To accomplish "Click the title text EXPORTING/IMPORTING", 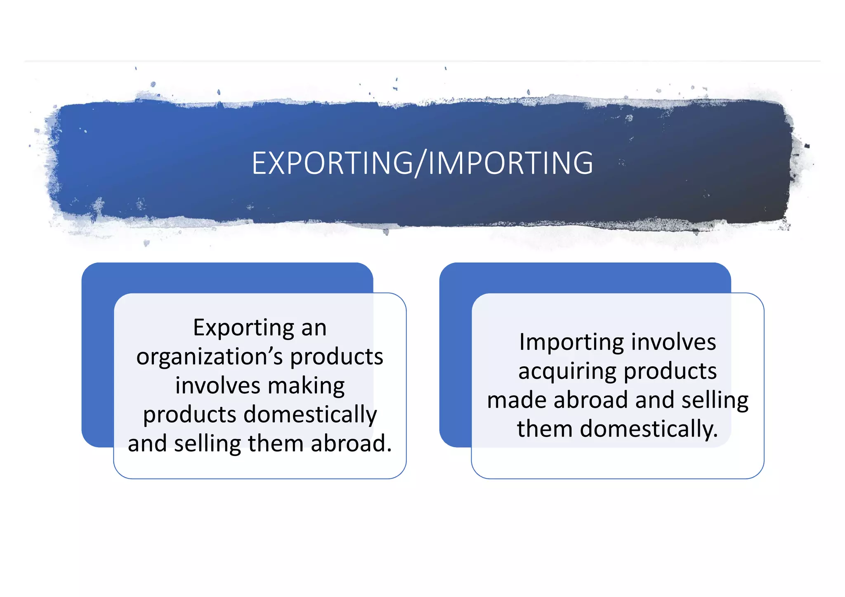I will coord(422,163).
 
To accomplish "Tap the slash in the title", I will coord(420,163).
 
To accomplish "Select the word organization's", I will coord(210,357).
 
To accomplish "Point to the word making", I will coord(306,386).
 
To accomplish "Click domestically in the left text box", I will coord(310,415).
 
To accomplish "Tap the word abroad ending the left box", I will coord(351,444).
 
